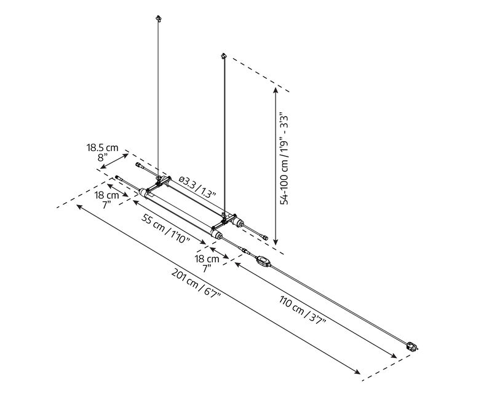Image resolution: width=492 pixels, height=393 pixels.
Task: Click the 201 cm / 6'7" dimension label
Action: [x=196, y=284]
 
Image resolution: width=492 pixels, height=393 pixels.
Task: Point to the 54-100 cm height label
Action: [x=284, y=158]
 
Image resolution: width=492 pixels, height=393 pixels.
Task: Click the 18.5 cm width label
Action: [x=103, y=147]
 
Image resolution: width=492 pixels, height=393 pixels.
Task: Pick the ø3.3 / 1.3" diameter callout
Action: [x=197, y=187]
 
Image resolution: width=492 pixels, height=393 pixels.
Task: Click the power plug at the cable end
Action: [x=412, y=346]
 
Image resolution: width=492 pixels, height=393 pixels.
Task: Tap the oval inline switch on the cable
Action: [x=263, y=261]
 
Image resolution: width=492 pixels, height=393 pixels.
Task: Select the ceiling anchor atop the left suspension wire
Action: [x=159, y=18]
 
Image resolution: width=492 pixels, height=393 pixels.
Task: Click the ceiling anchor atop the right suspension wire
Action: [x=224, y=56]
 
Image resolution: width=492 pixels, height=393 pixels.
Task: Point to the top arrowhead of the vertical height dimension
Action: [x=276, y=90]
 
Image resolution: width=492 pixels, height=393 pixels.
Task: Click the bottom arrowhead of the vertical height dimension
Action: [x=276, y=241]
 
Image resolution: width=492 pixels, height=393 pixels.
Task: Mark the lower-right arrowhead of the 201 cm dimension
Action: [x=357, y=372]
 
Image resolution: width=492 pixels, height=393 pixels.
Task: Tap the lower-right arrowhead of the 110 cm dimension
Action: [x=393, y=356]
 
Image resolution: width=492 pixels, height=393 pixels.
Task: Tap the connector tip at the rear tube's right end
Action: [x=266, y=238]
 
